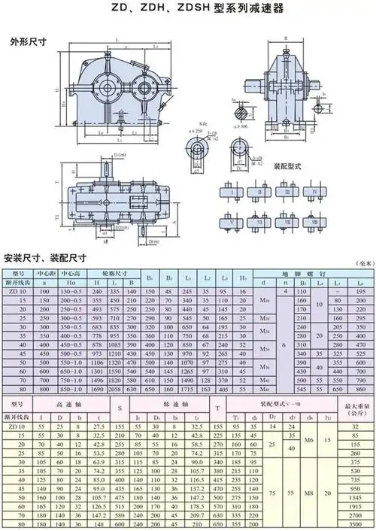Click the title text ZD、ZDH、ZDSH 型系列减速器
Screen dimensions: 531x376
[188, 9]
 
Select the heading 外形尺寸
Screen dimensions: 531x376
[26, 42]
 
